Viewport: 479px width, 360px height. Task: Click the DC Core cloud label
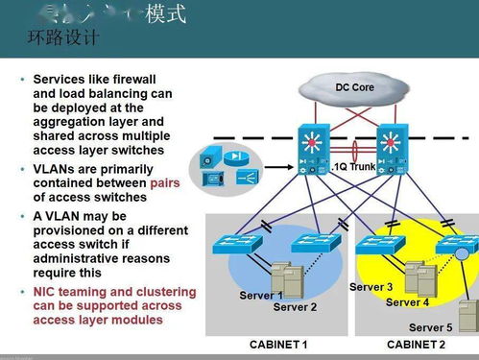(x=354, y=87)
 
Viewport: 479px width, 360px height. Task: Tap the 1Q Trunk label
(x=354, y=166)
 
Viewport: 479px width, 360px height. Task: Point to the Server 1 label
(x=261, y=295)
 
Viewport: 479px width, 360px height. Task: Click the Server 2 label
(x=295, y=307)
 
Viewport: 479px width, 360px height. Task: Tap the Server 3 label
(x=371, y=287)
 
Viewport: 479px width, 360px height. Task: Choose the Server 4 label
(x=407, y=302)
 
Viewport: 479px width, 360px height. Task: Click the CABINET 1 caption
(x=278, y=344)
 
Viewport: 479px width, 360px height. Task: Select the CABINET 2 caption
(x=416, y=344)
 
